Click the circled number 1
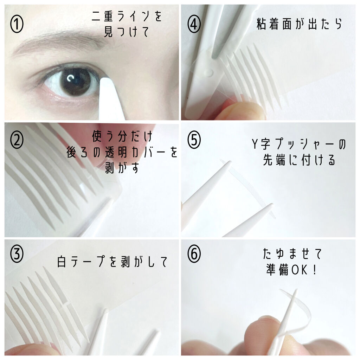click(x=17, y=25)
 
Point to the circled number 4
click(x=194, y=25)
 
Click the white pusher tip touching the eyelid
click(x=105, y=84)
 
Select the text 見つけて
click(x=127, y=33)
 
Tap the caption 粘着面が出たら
click(x=300, y=25)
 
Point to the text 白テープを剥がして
click(x=112, y=262)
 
